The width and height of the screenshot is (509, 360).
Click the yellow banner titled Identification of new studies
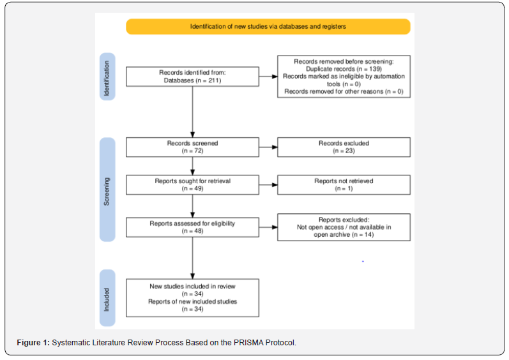(x=268, y=27)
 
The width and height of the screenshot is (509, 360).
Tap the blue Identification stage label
(x=107, y=77)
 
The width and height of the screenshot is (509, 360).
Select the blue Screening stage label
(x=107, y=190)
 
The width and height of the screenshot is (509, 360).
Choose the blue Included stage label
(x=107, y=297)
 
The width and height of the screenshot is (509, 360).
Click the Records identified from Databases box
(x=192, y=77)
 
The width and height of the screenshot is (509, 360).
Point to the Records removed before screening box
(x=344, y=77)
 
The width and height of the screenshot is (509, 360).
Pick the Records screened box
(x=192, y=147)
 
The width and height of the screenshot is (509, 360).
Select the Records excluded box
(x=344, y=147)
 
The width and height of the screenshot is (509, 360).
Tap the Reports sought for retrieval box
(x=192, y=185)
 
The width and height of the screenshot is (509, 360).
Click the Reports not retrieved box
(x=344, y=185)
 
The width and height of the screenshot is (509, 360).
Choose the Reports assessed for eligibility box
(x=192, y=227)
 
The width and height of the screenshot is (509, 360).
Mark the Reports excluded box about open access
(x=344, y=227)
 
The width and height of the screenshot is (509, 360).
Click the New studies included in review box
(x=192, y=297)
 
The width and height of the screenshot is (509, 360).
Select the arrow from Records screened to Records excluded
(x=268, y=147)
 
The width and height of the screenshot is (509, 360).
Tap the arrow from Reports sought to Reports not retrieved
(x=268, y=185)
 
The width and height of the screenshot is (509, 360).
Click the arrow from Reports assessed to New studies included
(x=192, y=258)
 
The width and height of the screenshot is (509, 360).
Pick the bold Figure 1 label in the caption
(x=33, y=343)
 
